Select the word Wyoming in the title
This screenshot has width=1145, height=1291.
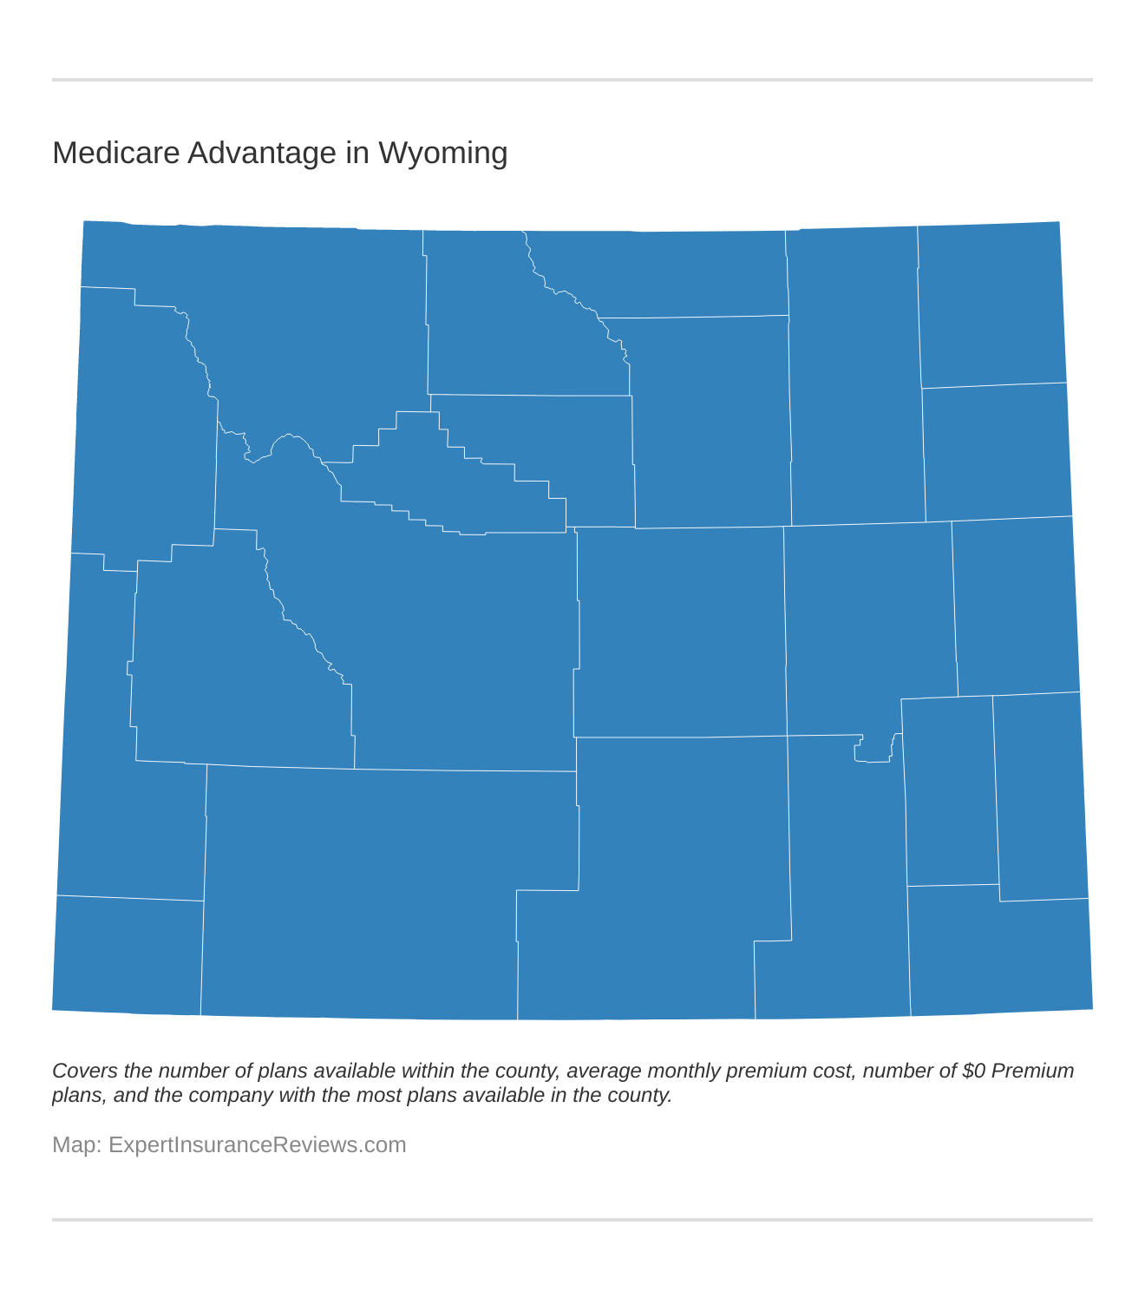pyautogui.click(x=442, y=153)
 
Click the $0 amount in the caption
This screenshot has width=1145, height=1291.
pyautogui.click(x=973, y=1071)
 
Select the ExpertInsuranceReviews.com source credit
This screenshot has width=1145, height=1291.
pyautogui.click(x=257, y=1144)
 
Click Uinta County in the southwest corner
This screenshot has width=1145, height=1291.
pyautogui.click(x=128, y=954)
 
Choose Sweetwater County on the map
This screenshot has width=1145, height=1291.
pyautogui.click(x=364, y=894)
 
